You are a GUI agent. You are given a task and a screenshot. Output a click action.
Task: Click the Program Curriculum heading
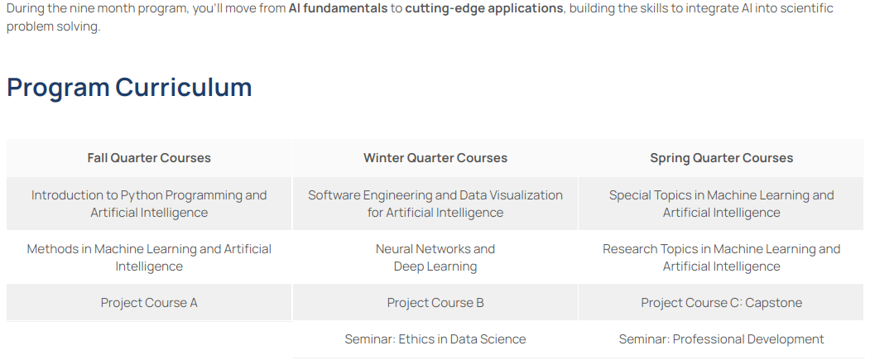(129, 88)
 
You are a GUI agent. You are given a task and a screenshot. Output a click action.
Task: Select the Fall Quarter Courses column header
(149, 158)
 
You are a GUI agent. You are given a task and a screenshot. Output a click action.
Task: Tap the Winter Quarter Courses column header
(435, 158)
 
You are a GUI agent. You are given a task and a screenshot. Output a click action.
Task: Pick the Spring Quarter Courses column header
(721, 158)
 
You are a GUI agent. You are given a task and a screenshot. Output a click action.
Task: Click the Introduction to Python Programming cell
(149, 204)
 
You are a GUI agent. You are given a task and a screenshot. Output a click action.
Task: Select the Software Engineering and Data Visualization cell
(435, 204)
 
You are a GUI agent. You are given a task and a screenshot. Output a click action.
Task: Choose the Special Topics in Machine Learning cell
(721, 204)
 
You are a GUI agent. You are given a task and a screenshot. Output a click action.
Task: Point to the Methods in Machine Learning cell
(149, 257)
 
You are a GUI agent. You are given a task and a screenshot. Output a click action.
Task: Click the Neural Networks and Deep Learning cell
(435, 257)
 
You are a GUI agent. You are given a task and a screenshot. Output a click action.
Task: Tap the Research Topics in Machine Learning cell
(721, 257)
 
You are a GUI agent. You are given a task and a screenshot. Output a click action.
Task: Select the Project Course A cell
(149, 302)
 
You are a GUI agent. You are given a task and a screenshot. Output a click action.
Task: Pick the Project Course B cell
(435, 302)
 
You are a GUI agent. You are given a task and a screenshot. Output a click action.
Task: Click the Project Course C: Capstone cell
(721, 302)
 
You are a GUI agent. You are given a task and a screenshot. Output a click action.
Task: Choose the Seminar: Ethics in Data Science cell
(435, 339)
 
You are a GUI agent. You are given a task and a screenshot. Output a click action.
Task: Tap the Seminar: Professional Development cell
(721, 339)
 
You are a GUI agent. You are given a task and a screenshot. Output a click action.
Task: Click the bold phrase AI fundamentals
(338, 9)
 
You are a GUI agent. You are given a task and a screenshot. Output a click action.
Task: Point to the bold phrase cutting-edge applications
(483, 9)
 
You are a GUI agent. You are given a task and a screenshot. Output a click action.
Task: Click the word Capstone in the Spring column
(773, 303)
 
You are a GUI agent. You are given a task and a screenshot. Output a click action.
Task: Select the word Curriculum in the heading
(184, 88)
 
